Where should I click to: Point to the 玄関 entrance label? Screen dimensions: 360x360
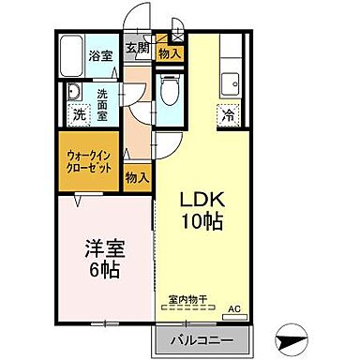(139, 48)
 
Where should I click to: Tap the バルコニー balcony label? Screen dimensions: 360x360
(202, 339)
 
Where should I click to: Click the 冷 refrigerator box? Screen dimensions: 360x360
(228, 116)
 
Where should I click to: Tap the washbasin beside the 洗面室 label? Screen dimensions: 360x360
(72, 93)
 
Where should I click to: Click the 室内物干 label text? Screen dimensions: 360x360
(187, 300)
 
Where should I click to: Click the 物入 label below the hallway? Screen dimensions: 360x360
(137, 177)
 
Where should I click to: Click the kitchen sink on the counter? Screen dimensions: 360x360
(232, 82)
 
